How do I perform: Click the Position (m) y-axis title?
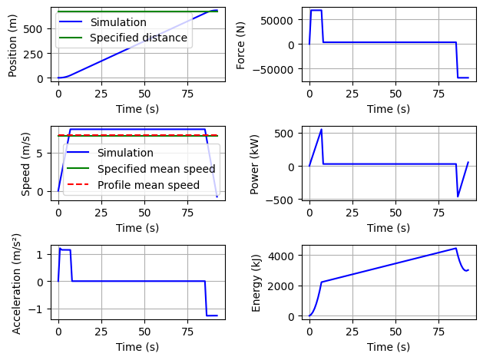13,45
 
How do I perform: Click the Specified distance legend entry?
138,38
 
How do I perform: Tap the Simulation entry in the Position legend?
117,22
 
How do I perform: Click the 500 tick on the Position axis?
38,28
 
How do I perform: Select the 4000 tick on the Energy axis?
283,255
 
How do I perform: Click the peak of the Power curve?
322,129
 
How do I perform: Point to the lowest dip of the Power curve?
458,197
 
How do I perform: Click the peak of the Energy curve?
456,248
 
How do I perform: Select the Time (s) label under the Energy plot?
389,347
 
